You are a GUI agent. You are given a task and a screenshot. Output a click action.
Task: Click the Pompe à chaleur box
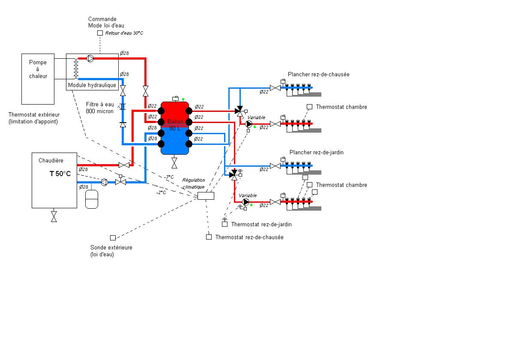click(x=38, y=79)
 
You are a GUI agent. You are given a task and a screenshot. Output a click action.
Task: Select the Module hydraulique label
click(x=92, y=85)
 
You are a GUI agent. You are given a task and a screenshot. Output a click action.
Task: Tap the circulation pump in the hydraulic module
click(x=90, y=59)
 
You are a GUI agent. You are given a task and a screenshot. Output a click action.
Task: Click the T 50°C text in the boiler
click(x=60, y=174)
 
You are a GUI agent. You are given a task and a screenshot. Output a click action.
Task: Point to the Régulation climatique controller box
click(x=206, y=196)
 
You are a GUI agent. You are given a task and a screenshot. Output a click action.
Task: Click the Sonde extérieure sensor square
click(x=113, y=237)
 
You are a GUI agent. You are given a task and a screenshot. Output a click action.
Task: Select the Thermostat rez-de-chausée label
click(x=249, y=237)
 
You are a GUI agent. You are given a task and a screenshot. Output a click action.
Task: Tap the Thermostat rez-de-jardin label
click(x=261, y=224)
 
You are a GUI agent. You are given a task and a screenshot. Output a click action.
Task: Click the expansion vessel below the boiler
click(x=92, y=199)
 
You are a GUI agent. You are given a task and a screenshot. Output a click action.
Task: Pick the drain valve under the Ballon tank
click(x=174, y=162)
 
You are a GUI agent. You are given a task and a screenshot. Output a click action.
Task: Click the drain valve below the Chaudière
click(x=54, y=216)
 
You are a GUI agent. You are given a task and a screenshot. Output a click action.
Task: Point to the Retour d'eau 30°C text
click(x=124, y=33)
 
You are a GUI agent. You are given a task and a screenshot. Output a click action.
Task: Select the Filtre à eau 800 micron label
click(x=100, y=108)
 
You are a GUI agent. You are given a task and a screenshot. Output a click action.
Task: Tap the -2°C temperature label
click(x=161, y=192)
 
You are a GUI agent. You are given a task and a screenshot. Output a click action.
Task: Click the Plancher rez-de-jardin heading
click(x=317, y=152)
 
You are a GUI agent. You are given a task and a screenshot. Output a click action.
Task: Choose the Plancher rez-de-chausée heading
click(x=318, y=74)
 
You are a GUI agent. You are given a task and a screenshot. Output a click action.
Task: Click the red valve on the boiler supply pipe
click(x=124, y=165)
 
